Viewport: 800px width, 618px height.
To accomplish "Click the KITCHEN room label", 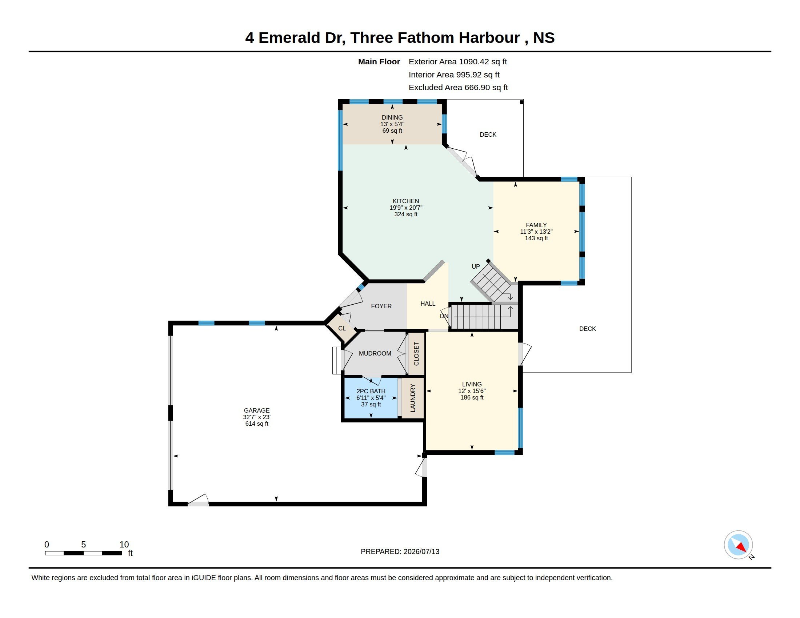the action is click(406, 201).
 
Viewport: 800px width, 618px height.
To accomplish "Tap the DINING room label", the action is click(392, 117).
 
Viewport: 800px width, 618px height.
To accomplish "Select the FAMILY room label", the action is click(536, 225).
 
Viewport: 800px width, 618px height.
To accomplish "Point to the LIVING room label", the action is click(472, 384).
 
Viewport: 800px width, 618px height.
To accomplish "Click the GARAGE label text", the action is click(257, 410).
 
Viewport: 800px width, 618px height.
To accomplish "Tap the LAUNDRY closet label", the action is click(413, 398).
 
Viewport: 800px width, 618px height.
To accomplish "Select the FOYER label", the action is click(381, 306).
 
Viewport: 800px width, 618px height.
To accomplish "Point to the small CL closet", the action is click(342, 328).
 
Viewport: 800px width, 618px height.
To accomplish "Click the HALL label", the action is click(428, 304).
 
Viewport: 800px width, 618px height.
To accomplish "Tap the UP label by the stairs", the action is click(476, 266).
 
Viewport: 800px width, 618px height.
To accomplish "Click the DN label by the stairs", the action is click(444, 316).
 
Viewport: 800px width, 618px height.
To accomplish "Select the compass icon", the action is click(738, 545).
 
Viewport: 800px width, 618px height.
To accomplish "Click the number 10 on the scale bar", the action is click(124, 545).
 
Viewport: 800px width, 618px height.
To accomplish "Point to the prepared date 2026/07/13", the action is click(421, 551).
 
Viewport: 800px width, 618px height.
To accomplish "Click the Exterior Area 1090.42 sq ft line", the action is click(458, 61).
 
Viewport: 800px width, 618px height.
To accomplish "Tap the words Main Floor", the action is click(379, 61).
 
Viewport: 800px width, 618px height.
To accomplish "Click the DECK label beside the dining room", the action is click(488, 135).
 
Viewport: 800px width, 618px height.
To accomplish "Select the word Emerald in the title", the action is click(289, 38).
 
